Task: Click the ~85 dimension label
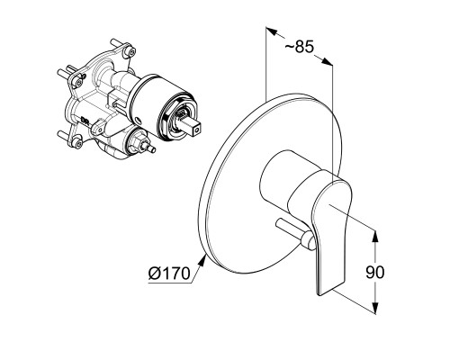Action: pos(299,47)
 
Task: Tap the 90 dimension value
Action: pos(374,273)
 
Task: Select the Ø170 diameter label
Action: pos(169,274)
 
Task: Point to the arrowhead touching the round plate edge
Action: pos(202,260)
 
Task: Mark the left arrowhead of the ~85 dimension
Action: pos(271,31)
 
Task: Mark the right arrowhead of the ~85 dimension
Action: pos(328,61)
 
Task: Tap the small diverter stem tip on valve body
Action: pos(151,148)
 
